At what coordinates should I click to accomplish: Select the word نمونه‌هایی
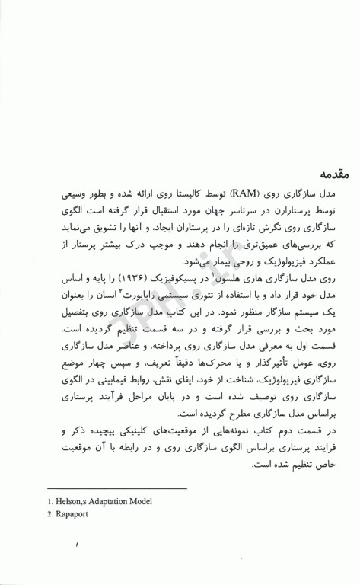251,431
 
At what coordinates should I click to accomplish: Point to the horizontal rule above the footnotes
116,487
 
